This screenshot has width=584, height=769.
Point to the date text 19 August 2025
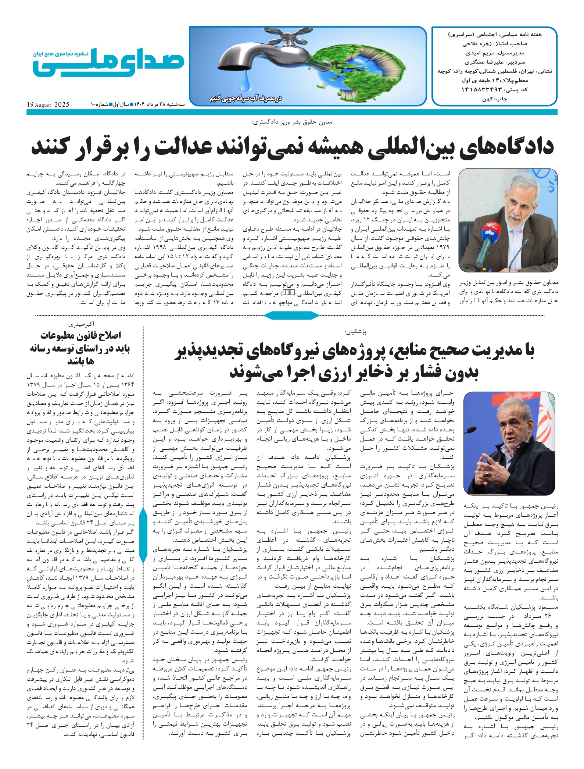tap(48, 105)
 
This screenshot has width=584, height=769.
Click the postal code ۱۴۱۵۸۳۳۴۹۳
tap(481, 90)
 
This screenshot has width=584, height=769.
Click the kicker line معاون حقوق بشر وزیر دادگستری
tap(292, 122)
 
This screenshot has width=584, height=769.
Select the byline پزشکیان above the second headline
tap(355, 332)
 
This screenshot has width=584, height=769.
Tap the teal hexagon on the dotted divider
tap(292, 315)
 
